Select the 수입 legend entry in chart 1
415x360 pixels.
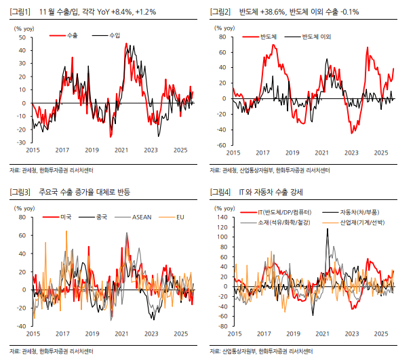pyautogui.click(x=114, y=35)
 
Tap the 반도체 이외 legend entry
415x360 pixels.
pyautogui.click(x=315, y=35)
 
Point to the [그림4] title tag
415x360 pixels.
pyautogui.click(x=220, y=193)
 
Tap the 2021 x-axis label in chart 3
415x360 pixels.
pyautogui.click(x=121, y=334)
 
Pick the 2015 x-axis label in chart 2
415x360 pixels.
pyautogui.click(x=233, y=153)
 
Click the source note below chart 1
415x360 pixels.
pyautogui.click(x=52, y=169)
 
